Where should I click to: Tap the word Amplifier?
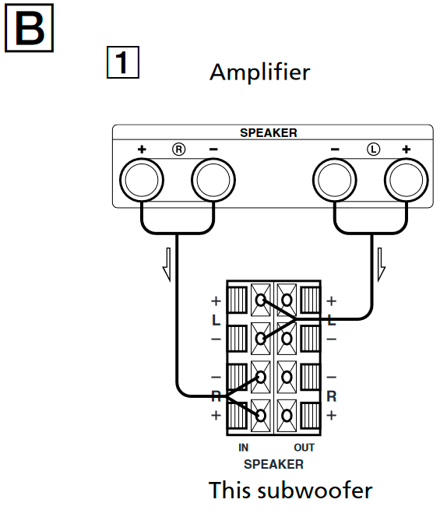coord(259,72)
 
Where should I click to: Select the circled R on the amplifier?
coord(178,149)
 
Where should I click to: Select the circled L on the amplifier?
coord(372,149)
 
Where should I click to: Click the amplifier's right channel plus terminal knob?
coord(142,181)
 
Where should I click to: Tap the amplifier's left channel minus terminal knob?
coord(335,181)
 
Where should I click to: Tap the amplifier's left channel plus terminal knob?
coord(407,181)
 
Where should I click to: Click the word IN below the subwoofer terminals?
coord(244,448)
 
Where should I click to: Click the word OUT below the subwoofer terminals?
coord(304,448)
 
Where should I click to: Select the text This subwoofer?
coord(290,491)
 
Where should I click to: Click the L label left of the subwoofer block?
coord(216,320)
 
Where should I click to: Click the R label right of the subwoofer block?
coord(331,396)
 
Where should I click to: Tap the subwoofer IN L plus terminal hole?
coord(260,301)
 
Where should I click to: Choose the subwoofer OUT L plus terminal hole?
coord(287,301)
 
